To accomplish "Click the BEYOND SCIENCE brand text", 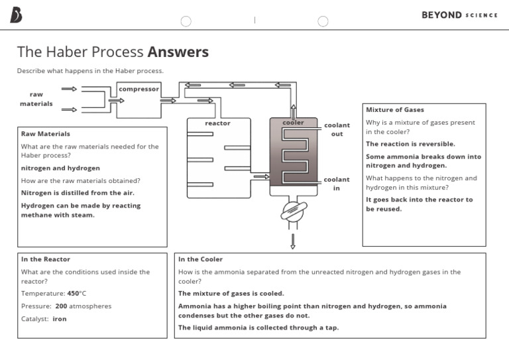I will (459, 15).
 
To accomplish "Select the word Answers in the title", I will (178, 52).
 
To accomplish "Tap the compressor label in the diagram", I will (139, 89).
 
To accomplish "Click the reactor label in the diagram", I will (217, 123).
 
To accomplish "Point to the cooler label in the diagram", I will (293, 123).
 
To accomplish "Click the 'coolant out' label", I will (337, 129).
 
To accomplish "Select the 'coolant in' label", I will (337, 184).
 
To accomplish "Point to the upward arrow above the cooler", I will (292, 109).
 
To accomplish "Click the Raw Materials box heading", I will (45, 133).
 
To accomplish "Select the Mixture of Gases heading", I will (395, 109).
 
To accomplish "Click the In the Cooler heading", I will (200, 259).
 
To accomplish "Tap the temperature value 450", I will (73, 293).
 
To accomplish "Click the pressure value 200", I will (61, 306).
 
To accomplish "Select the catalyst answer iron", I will (60, 319).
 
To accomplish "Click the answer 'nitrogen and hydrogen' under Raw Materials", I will (60, 168).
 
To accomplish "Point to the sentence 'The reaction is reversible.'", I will (410, 144).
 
